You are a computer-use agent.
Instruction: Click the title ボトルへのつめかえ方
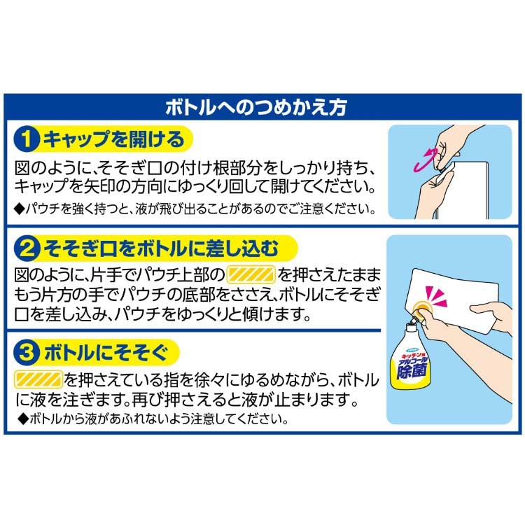(256, 108)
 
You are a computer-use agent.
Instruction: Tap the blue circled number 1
(27, 139)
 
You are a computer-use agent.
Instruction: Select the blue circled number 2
(27, 248)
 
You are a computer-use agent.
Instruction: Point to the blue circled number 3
(27, 353)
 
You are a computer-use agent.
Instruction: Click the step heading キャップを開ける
(114, 139)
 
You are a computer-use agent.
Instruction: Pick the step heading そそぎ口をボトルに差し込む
(161, 248)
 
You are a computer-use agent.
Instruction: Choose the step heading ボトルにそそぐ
(106, 353)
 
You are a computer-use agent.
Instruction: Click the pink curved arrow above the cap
(425, 160)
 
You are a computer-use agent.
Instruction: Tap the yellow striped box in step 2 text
(251, 275)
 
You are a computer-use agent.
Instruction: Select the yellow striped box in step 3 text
(38, 379)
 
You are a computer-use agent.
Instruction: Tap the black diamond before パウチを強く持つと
(20, 209)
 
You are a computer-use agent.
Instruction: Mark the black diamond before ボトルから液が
(23, 419)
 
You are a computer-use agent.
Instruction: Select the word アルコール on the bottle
(411, 361)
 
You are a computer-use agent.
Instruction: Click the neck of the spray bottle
(409, 328)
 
